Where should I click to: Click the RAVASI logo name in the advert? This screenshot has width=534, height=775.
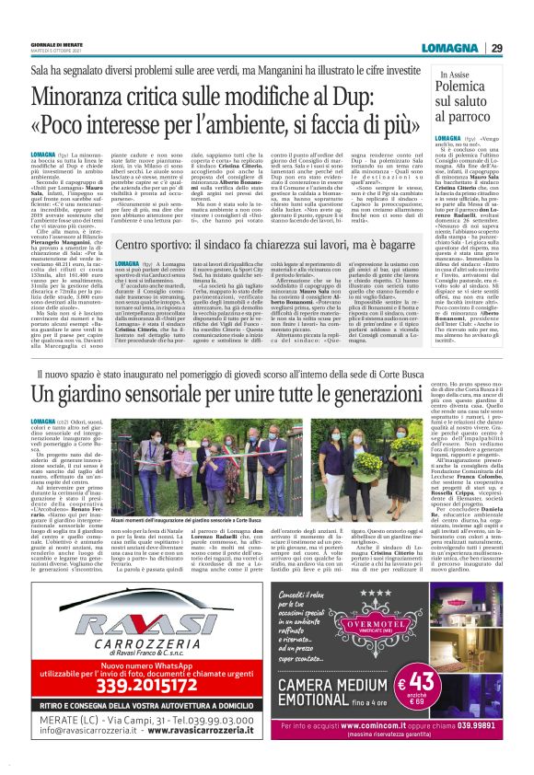[x=129, y=641]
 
